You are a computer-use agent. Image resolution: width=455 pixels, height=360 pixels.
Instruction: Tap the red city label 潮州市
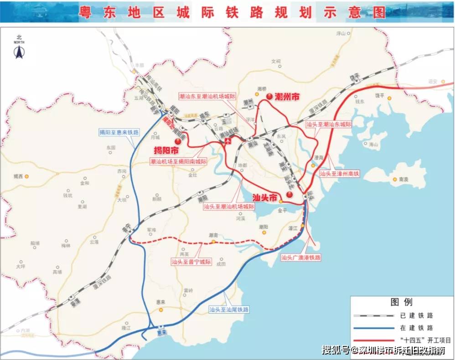click(289, 97)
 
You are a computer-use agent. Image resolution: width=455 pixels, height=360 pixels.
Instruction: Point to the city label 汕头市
click(265, 198)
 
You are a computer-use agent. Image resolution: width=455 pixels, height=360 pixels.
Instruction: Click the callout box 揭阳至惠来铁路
click(119, 133)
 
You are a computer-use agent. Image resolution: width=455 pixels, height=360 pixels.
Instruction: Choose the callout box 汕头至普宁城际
click(191, 262)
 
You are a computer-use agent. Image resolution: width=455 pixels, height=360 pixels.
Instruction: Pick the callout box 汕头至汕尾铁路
click(229, 309)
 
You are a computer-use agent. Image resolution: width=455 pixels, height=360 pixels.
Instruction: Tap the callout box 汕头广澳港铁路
click(301, 257)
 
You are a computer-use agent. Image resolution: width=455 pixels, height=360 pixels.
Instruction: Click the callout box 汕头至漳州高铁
click(339, 174)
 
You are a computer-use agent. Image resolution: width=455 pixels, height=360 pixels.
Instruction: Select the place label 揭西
click(18, 175)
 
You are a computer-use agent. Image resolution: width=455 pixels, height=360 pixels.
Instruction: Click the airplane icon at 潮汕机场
click(227, 141)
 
